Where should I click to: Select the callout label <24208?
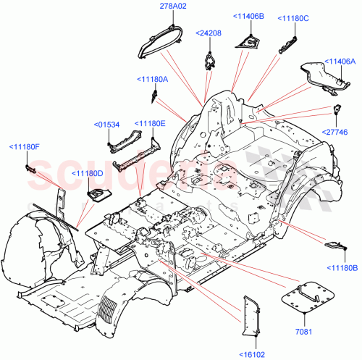click(x=210, y=33)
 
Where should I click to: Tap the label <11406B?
click(x=248, y=16)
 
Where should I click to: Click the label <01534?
click(x=107, y=125)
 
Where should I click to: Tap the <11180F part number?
click(x=25, y=148)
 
